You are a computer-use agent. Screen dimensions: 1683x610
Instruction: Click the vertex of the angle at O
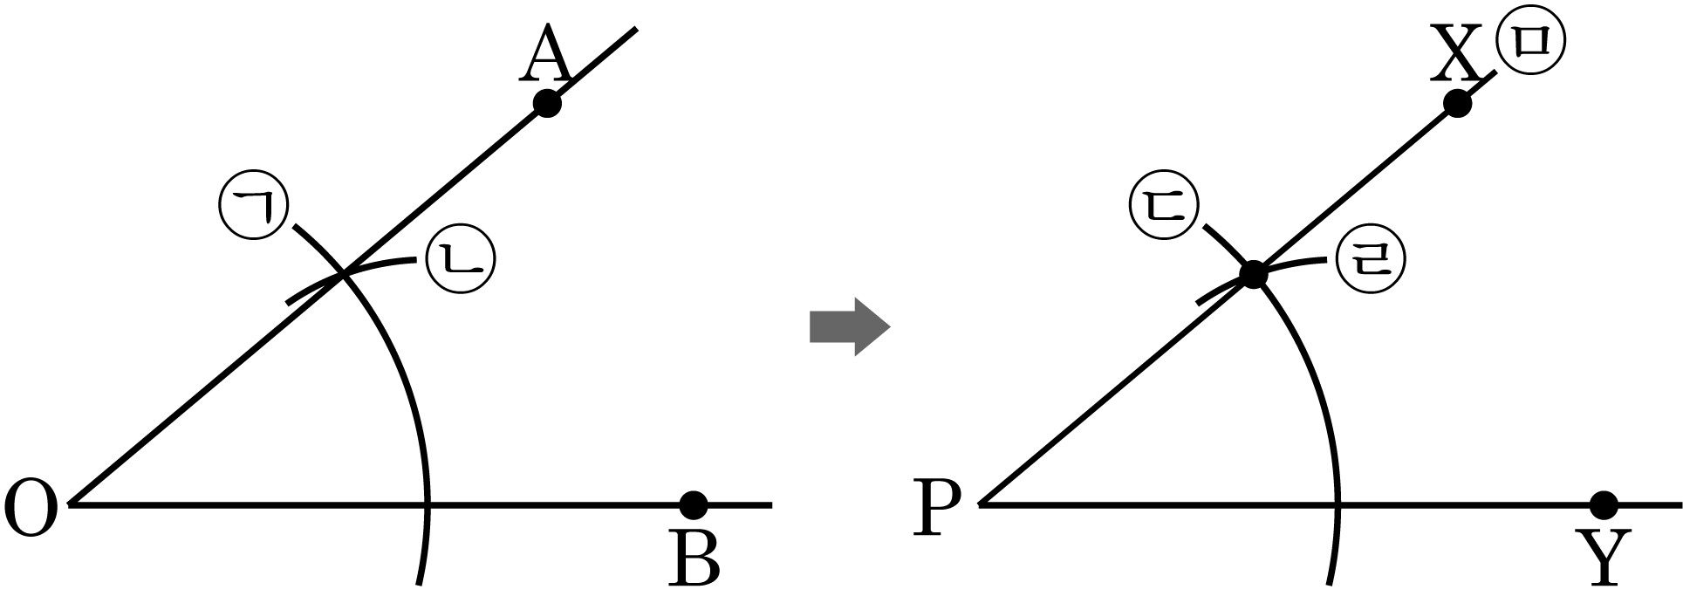coord(71,504)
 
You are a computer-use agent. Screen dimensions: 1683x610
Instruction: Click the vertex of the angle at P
coord(982,504)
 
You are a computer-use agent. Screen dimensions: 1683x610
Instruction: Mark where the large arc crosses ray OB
coord(428,504)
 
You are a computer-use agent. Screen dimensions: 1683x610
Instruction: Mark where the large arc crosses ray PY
coord(1338,504)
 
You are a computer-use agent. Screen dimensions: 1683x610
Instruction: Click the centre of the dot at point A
coord(547,104)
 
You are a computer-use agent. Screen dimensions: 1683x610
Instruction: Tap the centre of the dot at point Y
coord(1604,504)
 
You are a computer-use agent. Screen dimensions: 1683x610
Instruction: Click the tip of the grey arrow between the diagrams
coord(889,328)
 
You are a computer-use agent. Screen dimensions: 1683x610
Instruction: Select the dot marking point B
coord(693,504)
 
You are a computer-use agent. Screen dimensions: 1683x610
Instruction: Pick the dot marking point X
coord(1457,104)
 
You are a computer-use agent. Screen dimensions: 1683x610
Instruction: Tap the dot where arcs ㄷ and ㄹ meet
coord(1253,274)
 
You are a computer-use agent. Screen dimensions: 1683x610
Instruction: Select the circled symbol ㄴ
coord(460,258)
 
